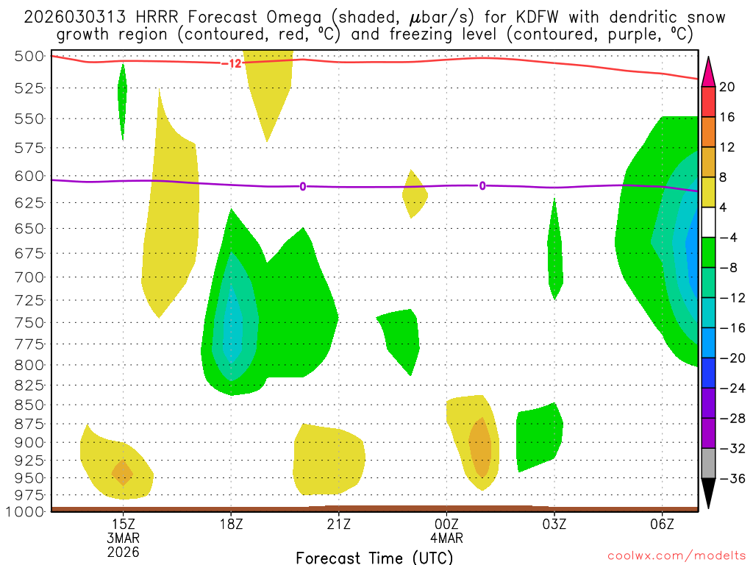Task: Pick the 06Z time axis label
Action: coord(663,524)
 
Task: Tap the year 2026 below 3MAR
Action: coord(123,551)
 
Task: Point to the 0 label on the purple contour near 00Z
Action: coord(482,186)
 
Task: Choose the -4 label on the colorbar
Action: coord(728,238)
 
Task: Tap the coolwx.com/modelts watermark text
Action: coord(676,556)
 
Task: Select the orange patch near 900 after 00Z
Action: coord(480,447)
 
